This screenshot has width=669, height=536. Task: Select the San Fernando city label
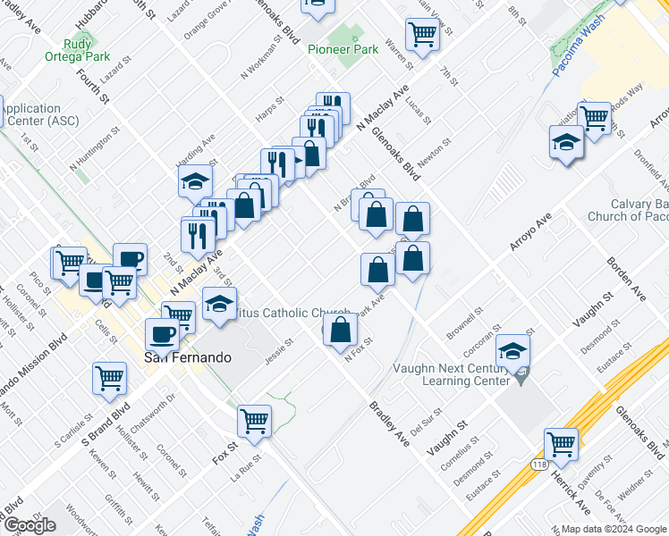[188, 357]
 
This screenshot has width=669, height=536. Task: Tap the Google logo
[29, 524]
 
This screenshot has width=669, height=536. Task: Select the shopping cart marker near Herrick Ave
[562, 444]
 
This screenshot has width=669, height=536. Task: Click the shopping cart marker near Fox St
[255, 421]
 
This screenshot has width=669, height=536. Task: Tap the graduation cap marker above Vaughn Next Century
[513, 350]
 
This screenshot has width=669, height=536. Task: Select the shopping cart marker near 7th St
[422, 34]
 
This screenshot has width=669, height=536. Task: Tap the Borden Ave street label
[625, 275]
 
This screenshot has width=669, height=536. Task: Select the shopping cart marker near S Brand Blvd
[109, 378]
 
